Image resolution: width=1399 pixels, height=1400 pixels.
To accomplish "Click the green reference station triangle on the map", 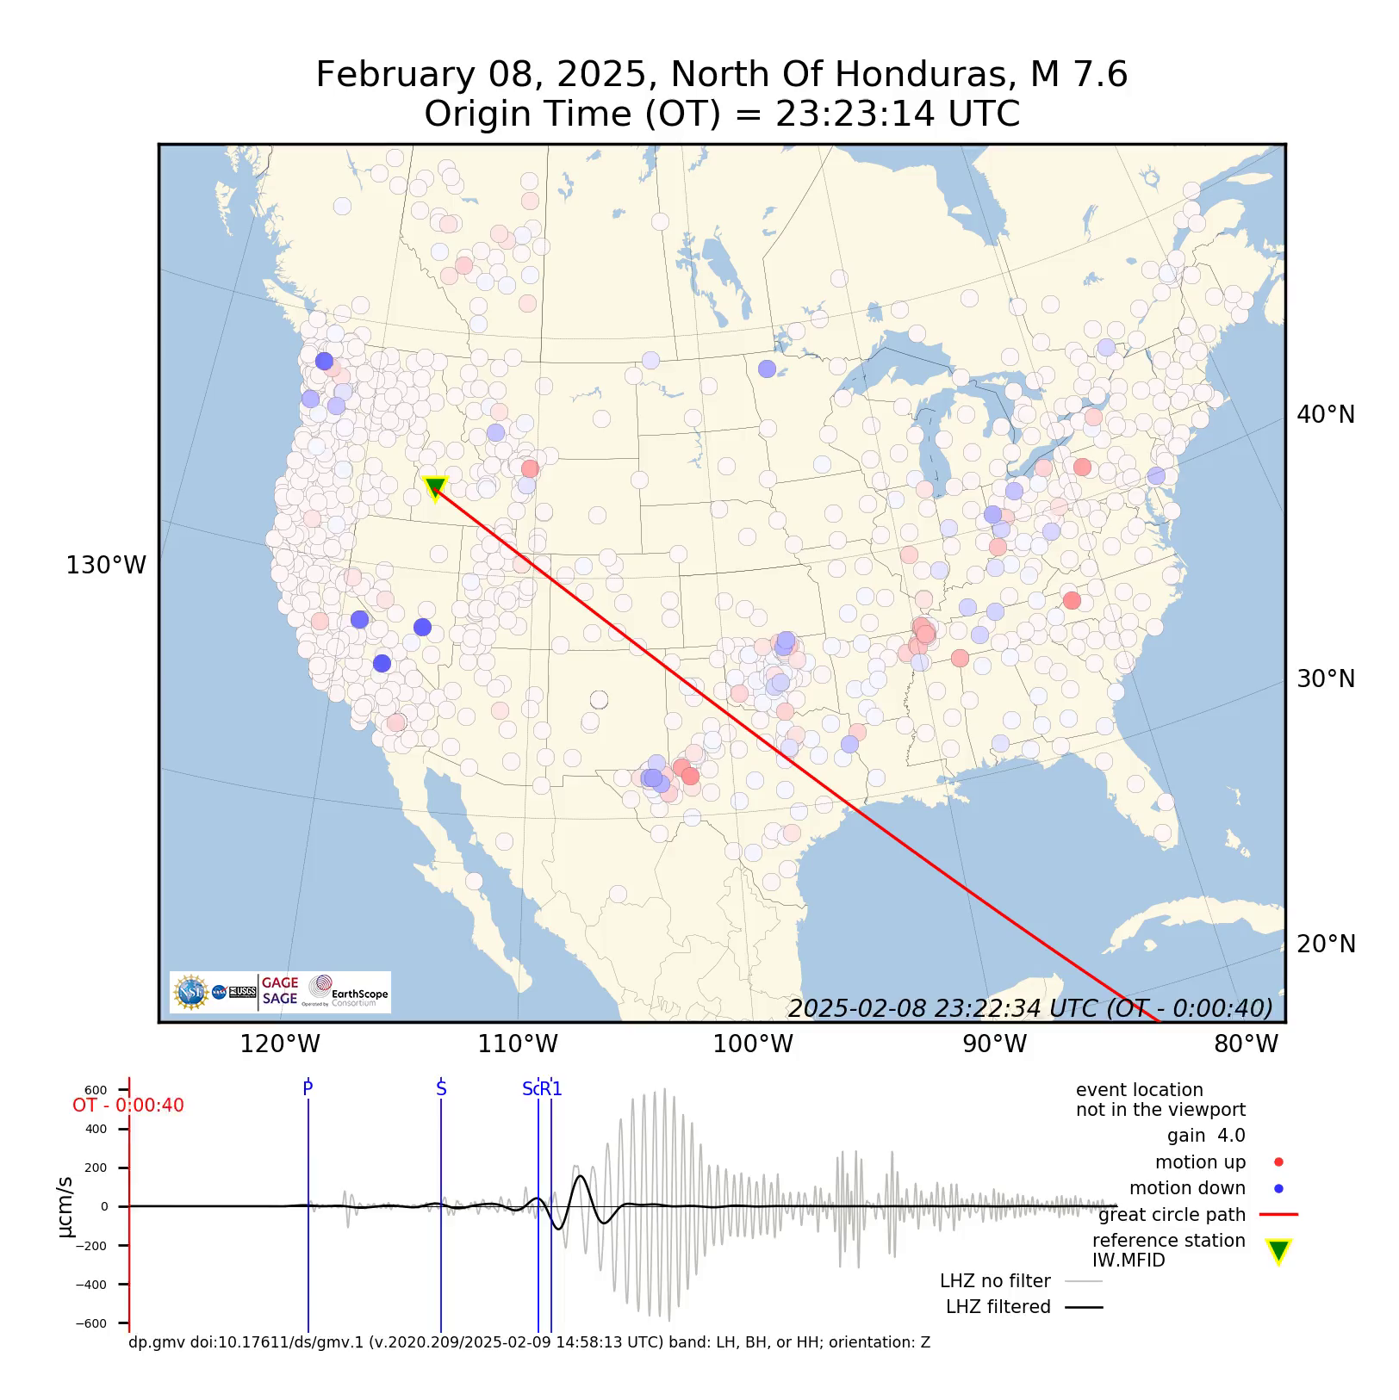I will [435, 487].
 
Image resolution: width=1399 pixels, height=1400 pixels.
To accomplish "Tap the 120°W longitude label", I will [280, 1044].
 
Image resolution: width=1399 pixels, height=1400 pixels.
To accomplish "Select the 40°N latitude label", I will [1326, 415].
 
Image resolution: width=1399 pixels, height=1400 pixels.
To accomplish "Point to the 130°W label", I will [106, 566].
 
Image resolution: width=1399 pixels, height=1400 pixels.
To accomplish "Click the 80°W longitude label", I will [1246, 1044].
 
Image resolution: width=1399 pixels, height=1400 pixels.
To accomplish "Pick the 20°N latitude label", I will [1326, 945].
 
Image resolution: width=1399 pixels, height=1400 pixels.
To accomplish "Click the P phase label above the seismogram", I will [308, 1089].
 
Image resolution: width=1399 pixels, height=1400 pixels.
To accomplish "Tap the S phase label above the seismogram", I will [441, 1089].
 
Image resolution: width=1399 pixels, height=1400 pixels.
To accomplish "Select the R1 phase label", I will [552, 1089].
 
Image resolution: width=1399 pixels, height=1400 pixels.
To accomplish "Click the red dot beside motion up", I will [1278, 1162].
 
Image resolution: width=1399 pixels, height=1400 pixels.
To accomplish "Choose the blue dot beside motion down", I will [1278, 1189].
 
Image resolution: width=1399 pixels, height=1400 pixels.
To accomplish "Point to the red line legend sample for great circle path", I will [1278, 1215].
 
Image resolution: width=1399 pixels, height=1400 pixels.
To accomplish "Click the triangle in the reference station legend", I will [1278, 1251].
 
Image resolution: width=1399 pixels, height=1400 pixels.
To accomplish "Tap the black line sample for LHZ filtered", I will [1084, 1307].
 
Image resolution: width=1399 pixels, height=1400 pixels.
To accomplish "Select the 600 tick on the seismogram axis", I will [96, 1091].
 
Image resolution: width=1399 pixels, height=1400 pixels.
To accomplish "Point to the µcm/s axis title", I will [65, 1207].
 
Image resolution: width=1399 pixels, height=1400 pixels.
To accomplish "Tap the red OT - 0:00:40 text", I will [128, 1106].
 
